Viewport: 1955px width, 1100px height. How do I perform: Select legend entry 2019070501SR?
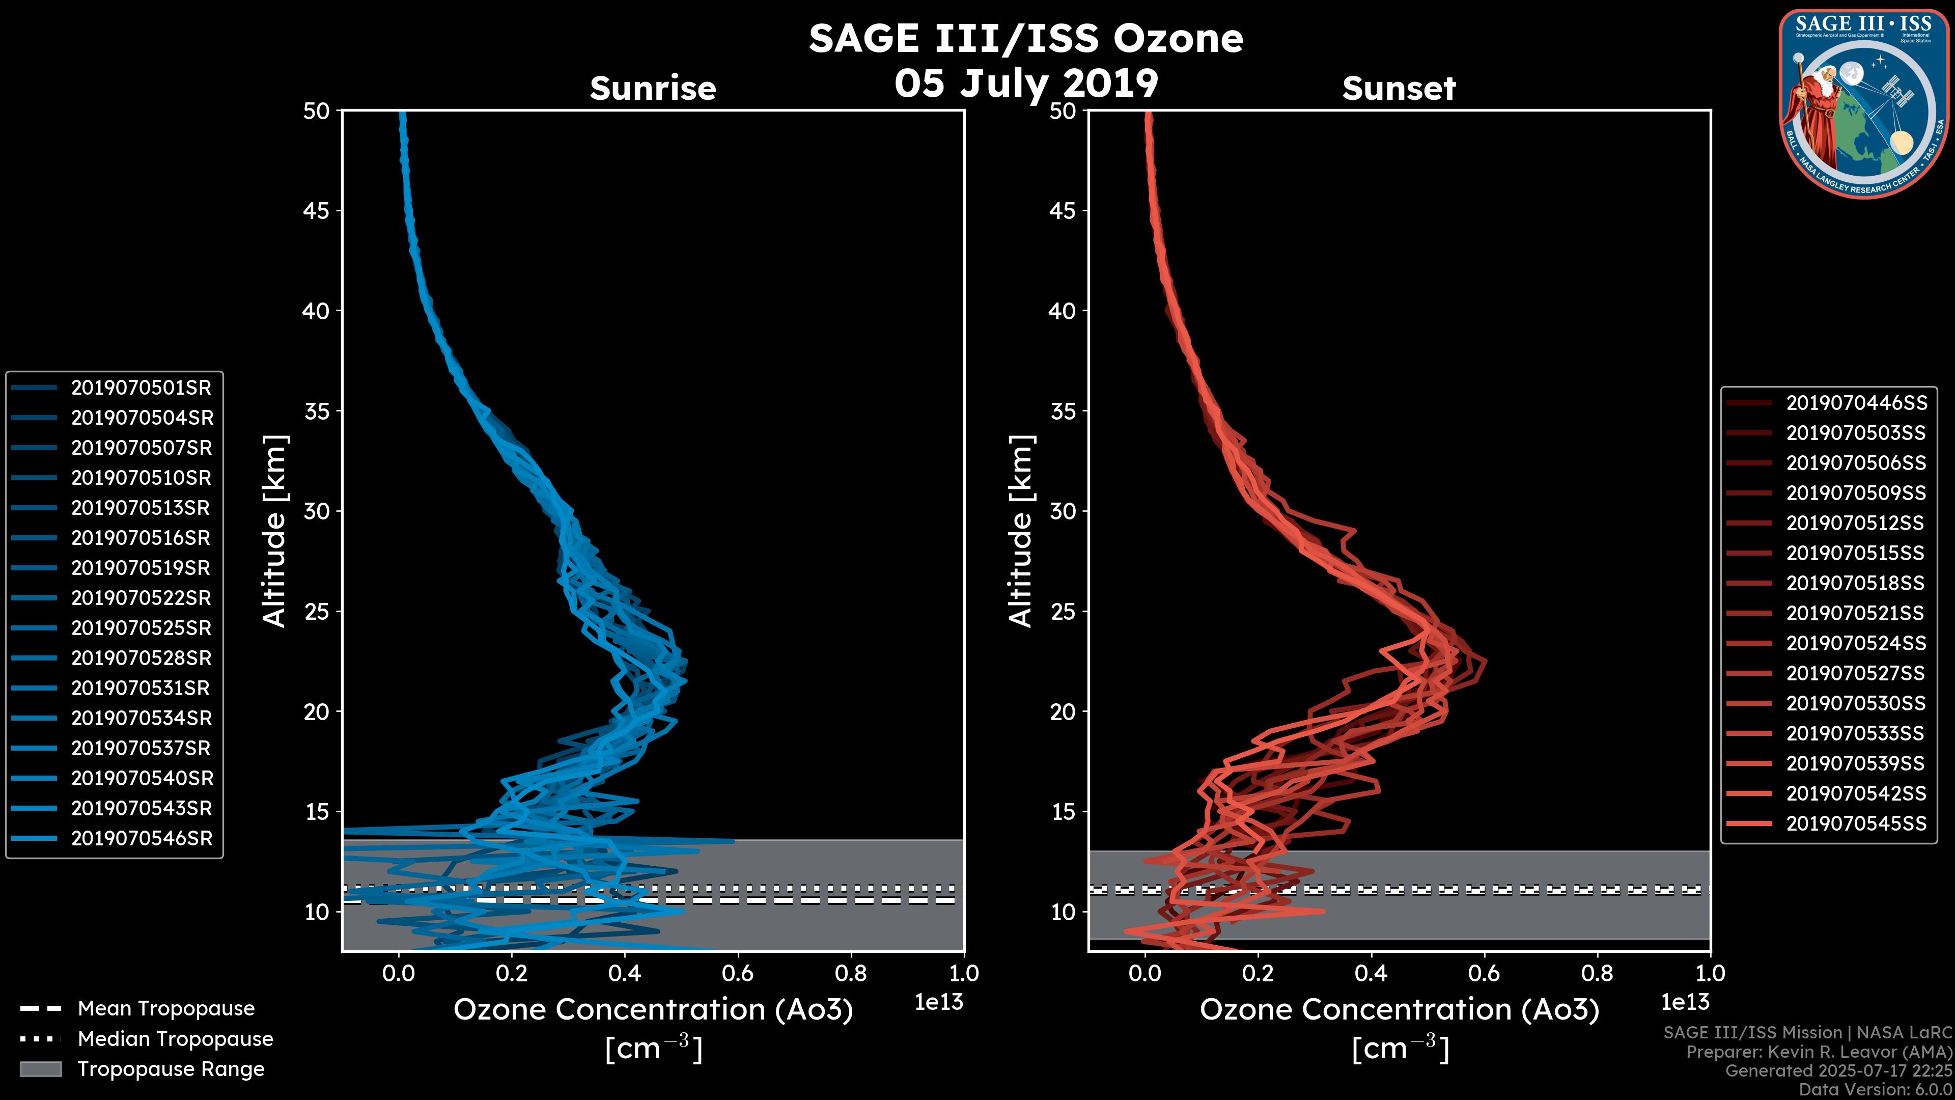(x=141, y=388)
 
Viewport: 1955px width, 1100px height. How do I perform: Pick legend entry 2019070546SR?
(x=141, y=839)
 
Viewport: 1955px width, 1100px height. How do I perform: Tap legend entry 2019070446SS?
(x=1856, y=403)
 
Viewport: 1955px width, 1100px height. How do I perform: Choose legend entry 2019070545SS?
(x=1856, y=823)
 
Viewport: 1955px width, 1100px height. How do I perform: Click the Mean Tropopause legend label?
(x=166, y=1009)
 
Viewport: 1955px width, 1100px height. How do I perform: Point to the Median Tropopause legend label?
(x=175, y=1039)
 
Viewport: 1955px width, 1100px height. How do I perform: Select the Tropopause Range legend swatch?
(x=41, y=1069)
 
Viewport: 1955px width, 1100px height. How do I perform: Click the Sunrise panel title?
(x=653, y=89)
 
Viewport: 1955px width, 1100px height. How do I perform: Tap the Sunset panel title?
(x=1399, y=89)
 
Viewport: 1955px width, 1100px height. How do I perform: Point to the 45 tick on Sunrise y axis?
(x=317, y=211)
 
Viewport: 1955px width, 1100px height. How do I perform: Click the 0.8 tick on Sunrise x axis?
(x=851, y=973)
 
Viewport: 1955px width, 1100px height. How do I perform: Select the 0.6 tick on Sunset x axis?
(x=1485, y=973)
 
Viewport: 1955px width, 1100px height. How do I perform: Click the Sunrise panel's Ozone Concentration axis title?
(x=653, y=1010)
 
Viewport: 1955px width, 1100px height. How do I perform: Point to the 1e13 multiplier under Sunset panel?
(x=1685, y=1003)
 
